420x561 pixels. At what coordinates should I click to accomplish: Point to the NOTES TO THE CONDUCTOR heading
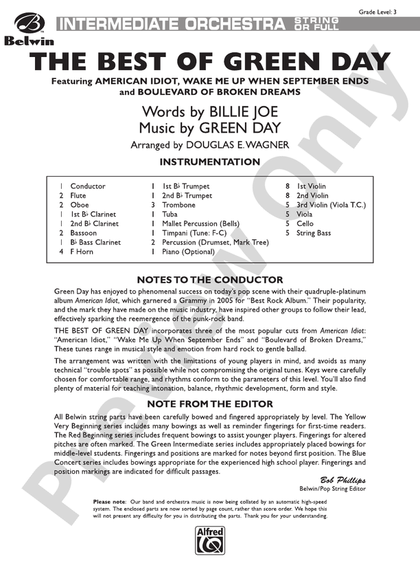tap(210, 280)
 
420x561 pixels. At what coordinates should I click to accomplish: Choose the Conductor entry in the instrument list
tap(88, 186)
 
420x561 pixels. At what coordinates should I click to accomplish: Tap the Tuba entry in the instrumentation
tap(170, 214)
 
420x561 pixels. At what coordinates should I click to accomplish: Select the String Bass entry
tap(314, 233)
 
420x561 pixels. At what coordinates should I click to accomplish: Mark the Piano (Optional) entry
tap(189, 252)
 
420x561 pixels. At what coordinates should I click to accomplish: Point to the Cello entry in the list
tap(305, 223)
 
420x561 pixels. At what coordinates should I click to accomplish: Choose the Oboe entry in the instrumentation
tap(79, 205)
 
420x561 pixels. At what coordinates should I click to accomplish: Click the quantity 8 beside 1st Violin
tap(287, 186)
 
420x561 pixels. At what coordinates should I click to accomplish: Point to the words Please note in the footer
tap(108, 502)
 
